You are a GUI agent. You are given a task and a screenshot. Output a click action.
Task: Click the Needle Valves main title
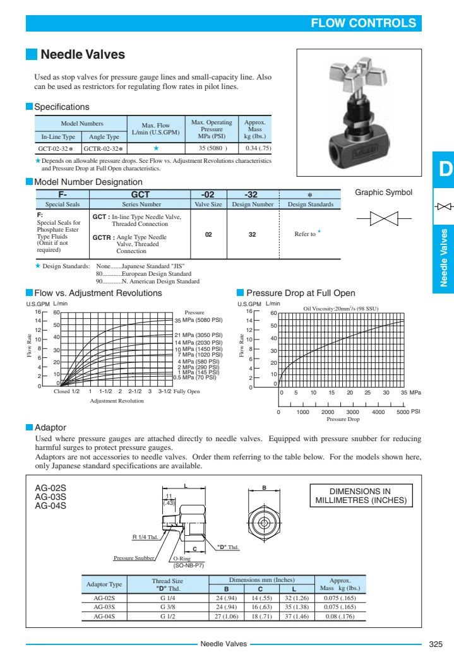(83, 55)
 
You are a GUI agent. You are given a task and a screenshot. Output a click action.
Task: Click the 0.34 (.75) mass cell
(258, 148)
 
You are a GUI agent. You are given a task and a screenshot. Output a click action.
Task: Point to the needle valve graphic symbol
(383, 219)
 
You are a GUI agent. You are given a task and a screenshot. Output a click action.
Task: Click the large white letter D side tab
(445, 170)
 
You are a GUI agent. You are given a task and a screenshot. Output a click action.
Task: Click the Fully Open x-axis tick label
(187, 391)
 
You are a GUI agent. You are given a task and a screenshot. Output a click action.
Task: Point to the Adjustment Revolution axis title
(117, 401)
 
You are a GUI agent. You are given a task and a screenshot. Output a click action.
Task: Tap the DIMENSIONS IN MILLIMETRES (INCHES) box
(361, 496)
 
